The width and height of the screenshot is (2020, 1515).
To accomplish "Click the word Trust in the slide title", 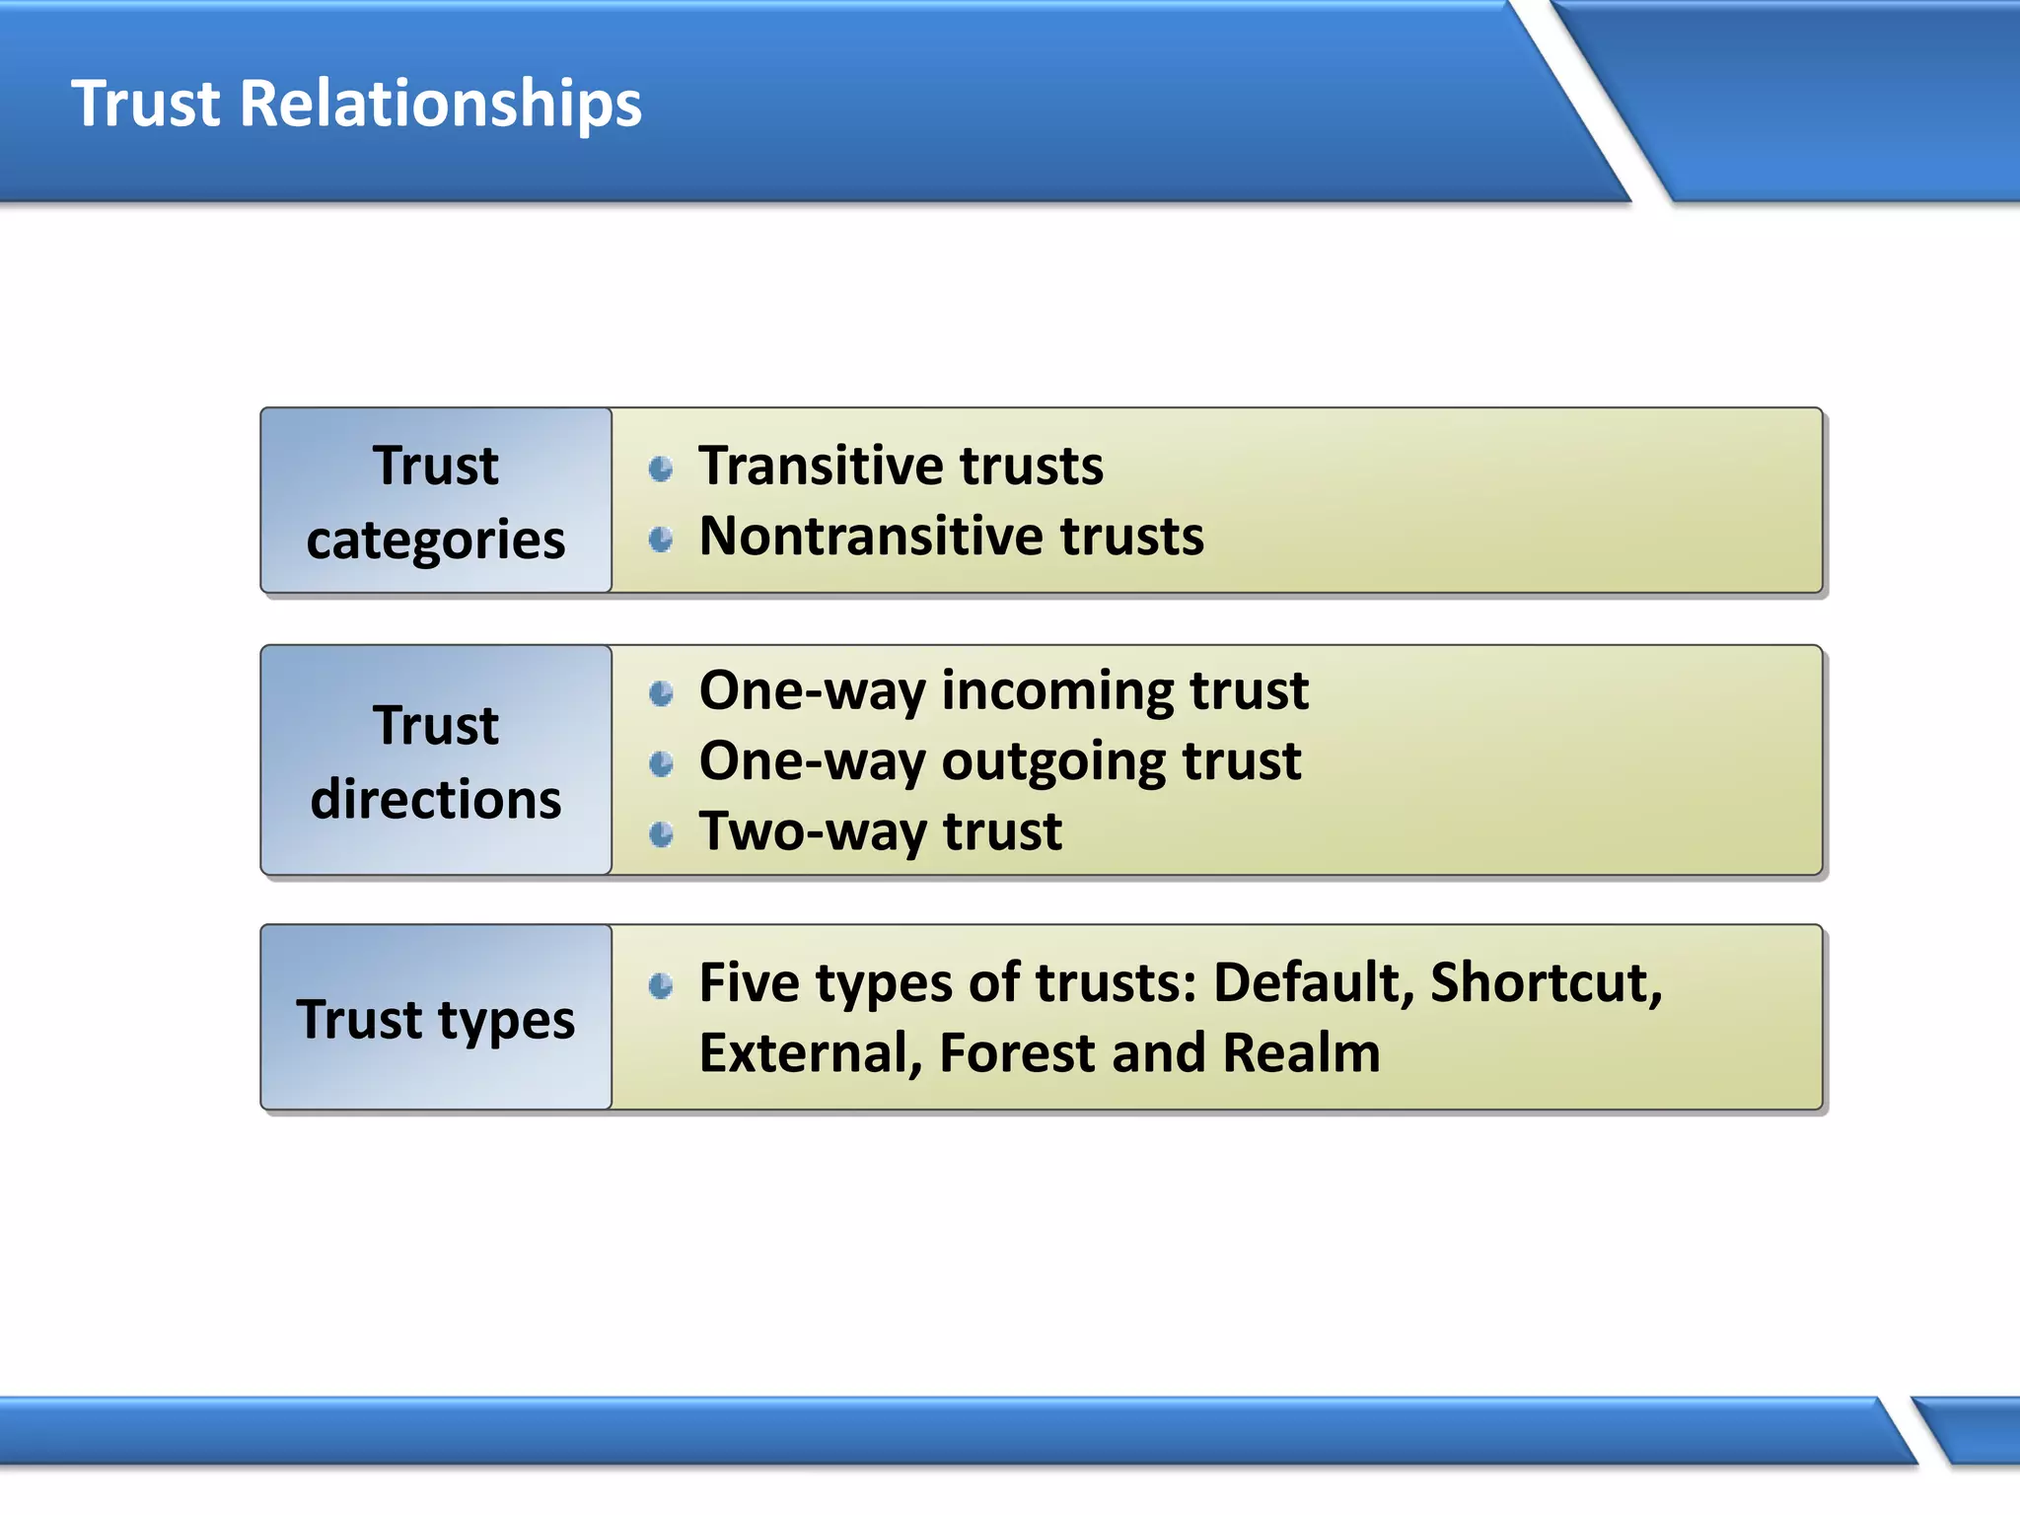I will pyautogui.click(x=146, y=104).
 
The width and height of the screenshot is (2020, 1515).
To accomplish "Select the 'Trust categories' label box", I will pyautogui.click(x=436, y=501).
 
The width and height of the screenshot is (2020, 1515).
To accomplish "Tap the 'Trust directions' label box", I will pyautogui.click(x=436, y=760).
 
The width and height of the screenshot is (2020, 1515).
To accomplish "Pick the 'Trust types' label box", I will pyautogui.click(x=436, y=1018).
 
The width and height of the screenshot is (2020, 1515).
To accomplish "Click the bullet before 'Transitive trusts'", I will pyautogui.click(x=661, y=469).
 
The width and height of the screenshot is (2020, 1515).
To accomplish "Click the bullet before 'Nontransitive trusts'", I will pyautogui.click(x=661, y=539).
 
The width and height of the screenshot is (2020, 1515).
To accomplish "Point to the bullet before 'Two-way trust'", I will pyautogui.click(x=661, y=834).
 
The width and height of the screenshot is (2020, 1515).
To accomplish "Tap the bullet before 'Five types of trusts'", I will pyautogui.click(x=661, y=985).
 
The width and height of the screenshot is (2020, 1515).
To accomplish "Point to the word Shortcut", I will pyautogui.click(x=1545, y=983).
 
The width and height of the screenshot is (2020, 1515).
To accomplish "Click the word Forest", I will pyautogui.click(x=1017, y=1052).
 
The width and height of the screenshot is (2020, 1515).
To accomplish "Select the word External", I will pyautogui.click(x=811, y=1052).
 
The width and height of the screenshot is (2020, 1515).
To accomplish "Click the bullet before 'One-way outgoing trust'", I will pyautogui.click(x=661, y=763).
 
